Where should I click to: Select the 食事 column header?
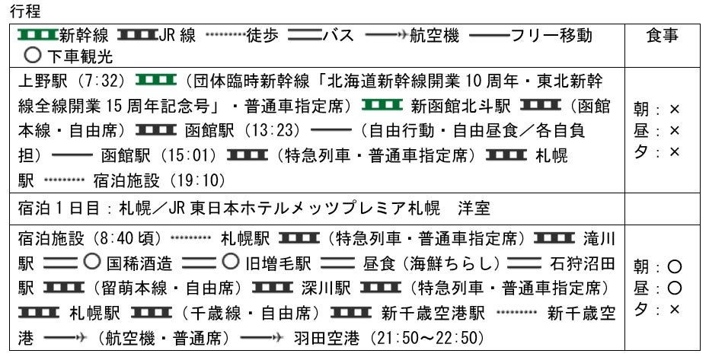click(x=662, y=36)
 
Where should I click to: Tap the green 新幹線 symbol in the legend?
click(x=37, y=35)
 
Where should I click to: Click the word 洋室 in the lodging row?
click(x=474, y=207)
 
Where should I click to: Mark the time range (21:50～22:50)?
click(x=426, y=338)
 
